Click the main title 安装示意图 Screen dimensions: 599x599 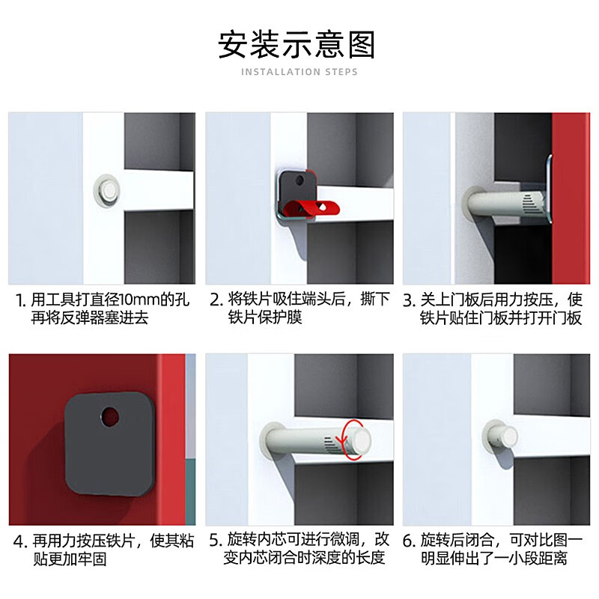click(x=297, y=45)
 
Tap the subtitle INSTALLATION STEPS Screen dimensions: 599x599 click(x=299, y=72)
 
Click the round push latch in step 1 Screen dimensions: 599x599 click(x=107, y=191)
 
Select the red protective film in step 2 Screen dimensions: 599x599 click(x=311, y=208)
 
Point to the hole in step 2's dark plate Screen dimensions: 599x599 click(x=300, y=180)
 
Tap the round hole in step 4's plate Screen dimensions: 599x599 click(x=110, y=416)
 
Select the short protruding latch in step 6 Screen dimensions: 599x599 click(x=499, y=438)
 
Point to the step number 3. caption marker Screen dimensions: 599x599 click(x=409, y=301)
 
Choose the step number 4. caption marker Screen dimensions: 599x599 click(x=20, y=541)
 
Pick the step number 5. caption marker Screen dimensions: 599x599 click(x=216, y=540)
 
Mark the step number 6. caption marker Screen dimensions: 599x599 click(x=409, y=541)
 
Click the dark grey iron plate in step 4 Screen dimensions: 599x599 click(x=110, y=444)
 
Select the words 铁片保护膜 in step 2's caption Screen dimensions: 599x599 click(x=265, y=317)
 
